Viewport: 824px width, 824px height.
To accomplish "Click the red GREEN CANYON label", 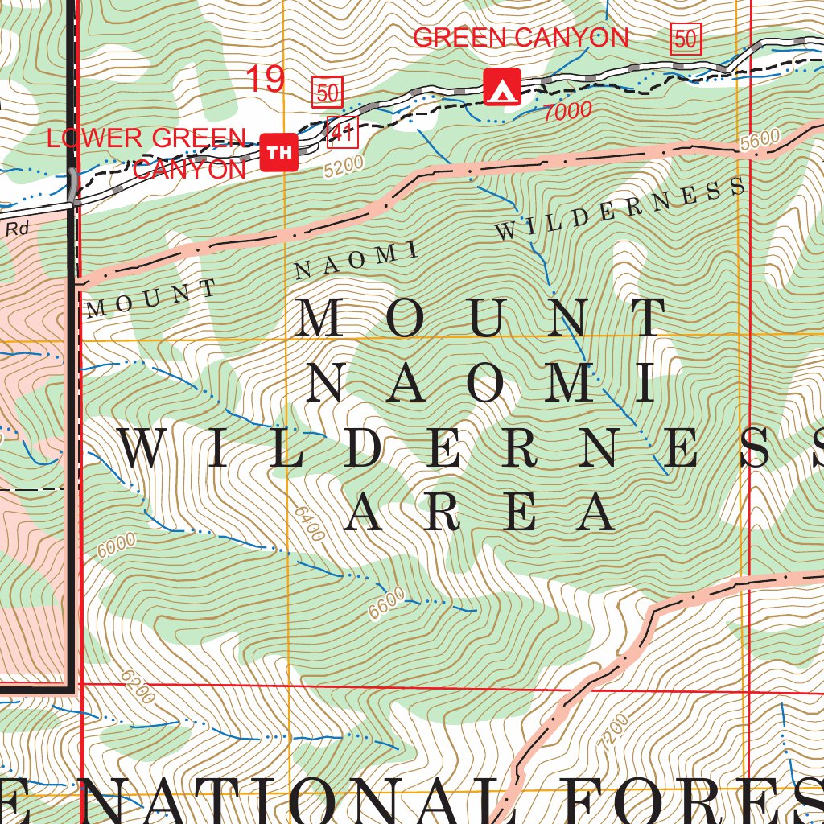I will click(x=521, y=38).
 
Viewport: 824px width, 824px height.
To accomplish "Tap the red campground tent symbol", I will click(x=502, y=87).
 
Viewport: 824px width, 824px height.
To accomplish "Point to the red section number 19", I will click(x=265, y=80).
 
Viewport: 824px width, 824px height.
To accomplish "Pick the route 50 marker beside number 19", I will click(x=328, y=93).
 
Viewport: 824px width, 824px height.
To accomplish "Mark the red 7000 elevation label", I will click(x=567, y=112).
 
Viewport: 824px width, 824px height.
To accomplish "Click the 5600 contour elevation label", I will click(x=760, y=140).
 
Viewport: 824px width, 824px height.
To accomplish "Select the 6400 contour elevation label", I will click(x=310, y=523).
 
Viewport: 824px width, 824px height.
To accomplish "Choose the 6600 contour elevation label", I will click(x=387, y=604).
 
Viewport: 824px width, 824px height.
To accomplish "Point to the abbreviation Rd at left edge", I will click(x=17, y=229).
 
